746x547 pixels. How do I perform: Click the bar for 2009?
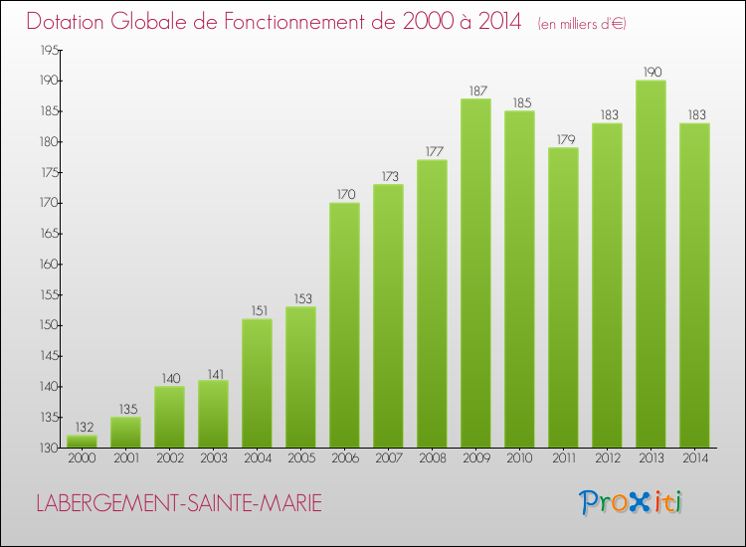pos(475,273)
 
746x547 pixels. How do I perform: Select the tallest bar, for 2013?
pos(651,264)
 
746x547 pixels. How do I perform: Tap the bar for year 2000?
pos(82,442)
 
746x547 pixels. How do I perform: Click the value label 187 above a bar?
pos(475,91)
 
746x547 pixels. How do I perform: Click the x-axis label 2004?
pos(257,458)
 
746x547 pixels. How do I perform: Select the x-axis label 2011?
pos(563,458)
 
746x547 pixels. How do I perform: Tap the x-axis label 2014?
pos(694,458)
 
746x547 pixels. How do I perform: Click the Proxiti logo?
pos(632,502)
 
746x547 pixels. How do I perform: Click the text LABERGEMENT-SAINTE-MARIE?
pos(179,504)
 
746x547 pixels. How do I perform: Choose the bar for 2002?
pos(169,417)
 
